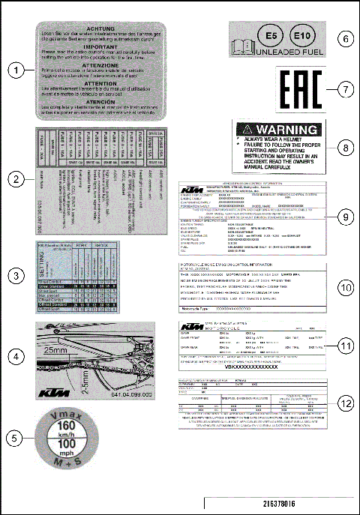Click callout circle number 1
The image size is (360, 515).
point(16,71)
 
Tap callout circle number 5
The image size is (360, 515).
point(16,435)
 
